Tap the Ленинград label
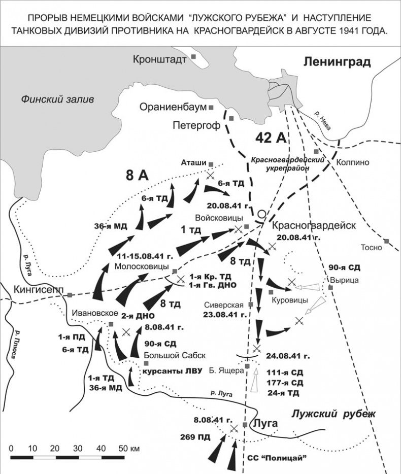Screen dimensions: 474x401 point(337,62)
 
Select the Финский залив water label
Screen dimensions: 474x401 point(57,99)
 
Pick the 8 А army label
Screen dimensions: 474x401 point(137,176)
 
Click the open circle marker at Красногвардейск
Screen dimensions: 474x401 point(261,214)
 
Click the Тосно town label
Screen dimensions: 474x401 point(371,248)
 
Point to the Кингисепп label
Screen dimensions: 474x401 point(34,292)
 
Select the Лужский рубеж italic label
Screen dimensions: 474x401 point(333,414)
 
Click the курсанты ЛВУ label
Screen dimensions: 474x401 point(173,370)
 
